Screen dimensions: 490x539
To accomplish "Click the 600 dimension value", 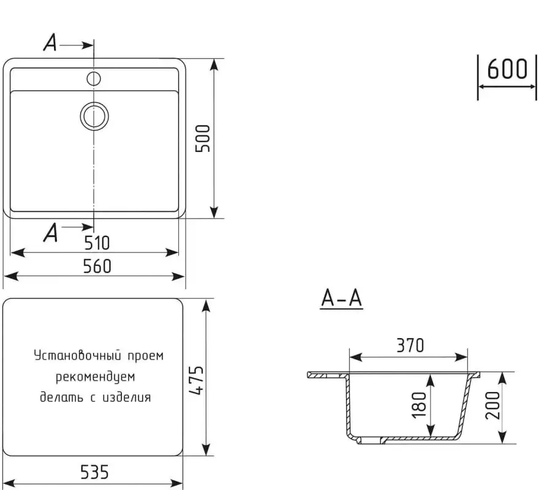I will pos(507,69).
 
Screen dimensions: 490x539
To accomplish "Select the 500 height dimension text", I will pos(203,138).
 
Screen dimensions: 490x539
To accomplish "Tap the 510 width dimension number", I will pos(96,243).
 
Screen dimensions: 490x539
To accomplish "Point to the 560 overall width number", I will pos(96,266).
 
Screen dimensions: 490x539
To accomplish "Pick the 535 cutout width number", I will pos(94,472).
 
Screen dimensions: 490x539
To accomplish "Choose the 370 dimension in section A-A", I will pos(409,345).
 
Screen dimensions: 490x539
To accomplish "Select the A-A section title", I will pos(342,298).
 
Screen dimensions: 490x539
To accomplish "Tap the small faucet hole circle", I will pos(94,78).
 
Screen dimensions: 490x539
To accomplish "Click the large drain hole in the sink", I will pos(94,116).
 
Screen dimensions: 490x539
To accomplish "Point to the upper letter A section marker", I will pos(51,43).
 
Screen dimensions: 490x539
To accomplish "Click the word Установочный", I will pos(72,356).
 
